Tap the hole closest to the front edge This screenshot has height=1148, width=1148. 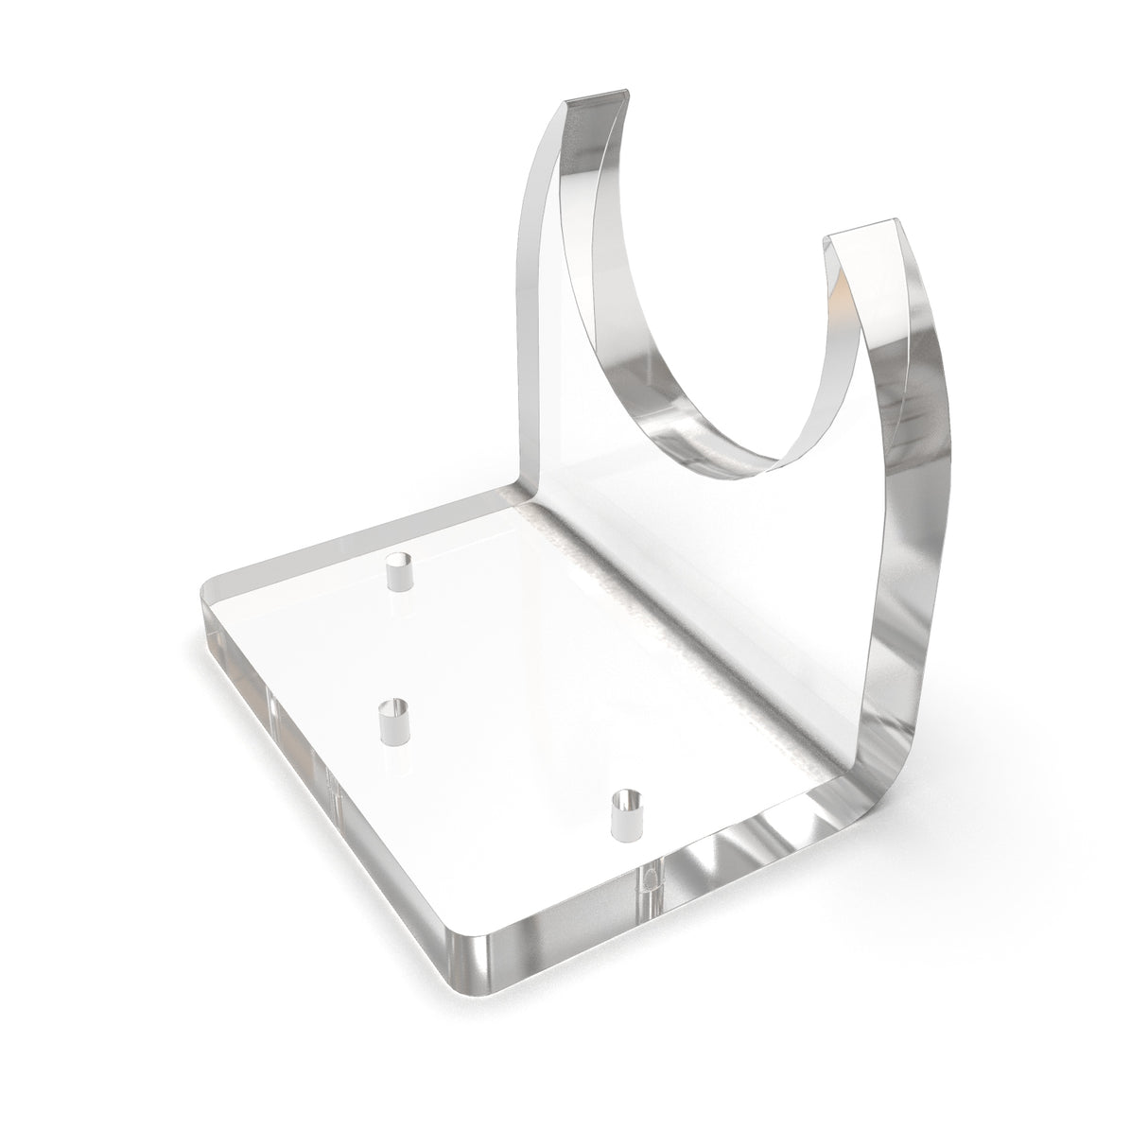coord(625,813)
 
